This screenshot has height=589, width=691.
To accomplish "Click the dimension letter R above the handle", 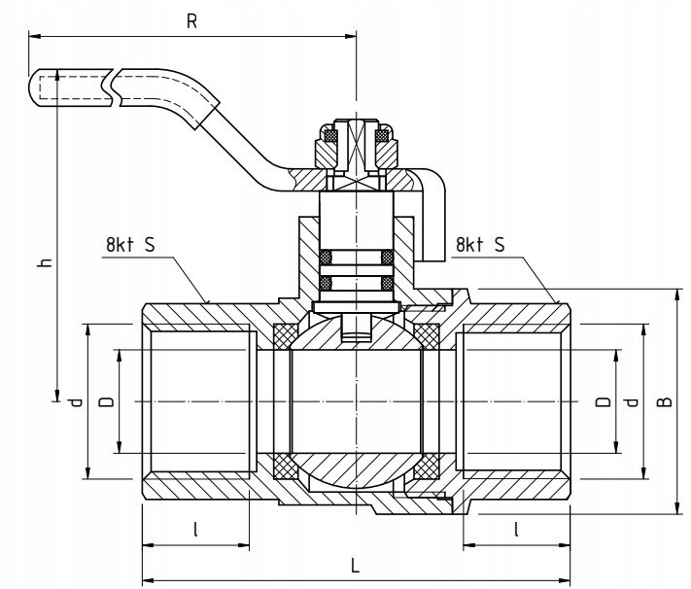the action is [x=191, y=20].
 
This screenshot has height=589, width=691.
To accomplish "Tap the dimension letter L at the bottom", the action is [x=355, y=566].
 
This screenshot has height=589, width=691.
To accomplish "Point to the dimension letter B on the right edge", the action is [x=665, y=401].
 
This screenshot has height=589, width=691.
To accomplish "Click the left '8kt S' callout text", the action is [x=130, y=244].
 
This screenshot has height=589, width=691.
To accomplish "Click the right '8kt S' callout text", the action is [x=480, y=244].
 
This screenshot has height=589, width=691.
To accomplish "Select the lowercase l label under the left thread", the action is [x=195, y=529].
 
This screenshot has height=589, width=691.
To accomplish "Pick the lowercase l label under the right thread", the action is [x=516, y=529].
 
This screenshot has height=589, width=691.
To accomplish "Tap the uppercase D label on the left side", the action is [x=108, y=401].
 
